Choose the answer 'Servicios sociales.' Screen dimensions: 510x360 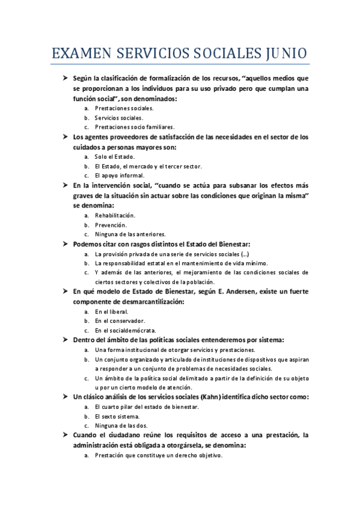click(x=119, y=118)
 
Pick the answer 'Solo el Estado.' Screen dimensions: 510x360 click(x=115, y=156)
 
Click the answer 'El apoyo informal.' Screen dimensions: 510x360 click(x=120, y=176)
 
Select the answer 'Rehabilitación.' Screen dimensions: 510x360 click(x=115, y=215)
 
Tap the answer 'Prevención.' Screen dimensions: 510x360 click(x=111, y=224)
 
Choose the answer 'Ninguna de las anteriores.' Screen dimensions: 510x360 click(x=130, y=234)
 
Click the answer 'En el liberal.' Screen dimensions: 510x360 click(x=112, y=312)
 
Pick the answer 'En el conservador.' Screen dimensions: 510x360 click(x=120, y=321)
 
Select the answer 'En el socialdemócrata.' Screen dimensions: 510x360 click(x=126, y=331)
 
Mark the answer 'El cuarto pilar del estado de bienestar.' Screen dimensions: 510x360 click(x=147, y=407)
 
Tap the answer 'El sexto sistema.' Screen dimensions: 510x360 click(x=117, y=416)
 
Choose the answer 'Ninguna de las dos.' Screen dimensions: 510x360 click(x=121, y=426)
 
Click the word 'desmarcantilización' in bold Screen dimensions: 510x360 click(x=138, y=301)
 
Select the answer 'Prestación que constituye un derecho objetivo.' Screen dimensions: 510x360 click(x=159, y=455)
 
